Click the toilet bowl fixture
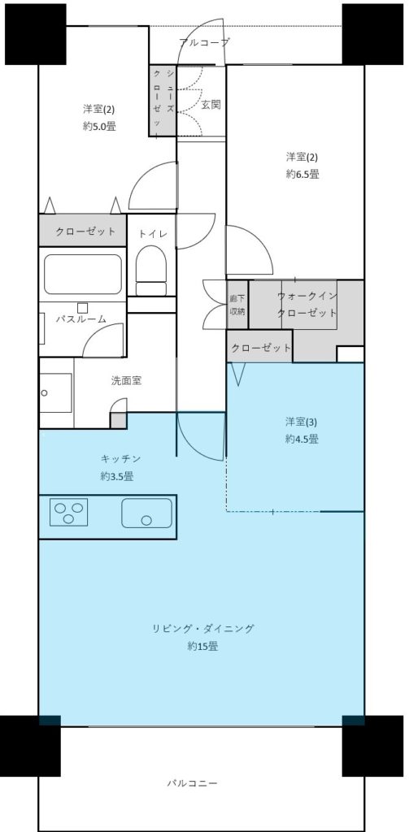(x=151, y=270)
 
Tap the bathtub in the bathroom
(x=83, y=274)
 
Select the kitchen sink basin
(x=146, y=513)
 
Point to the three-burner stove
(x=68, y=512)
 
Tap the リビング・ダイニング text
(x=203, y=629)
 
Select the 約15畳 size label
(x=202, y=646)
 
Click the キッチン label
(x=120, y=458)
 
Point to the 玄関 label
(x=211, y=105)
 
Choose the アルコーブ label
(x=205, y=42)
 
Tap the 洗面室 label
(x=126, y=380)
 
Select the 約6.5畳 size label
(x=302, y=174)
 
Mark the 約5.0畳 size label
(x=99, y=126)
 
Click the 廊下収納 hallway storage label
(x=237, y=305)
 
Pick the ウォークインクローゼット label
(x=307, y=305)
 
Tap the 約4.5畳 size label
(x=302, y=439)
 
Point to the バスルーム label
(x=81, y=318)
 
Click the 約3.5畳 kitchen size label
(x=117, y=476)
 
